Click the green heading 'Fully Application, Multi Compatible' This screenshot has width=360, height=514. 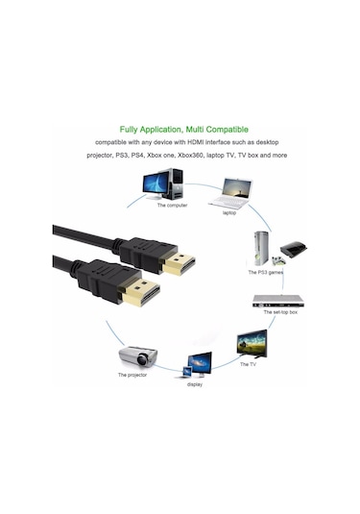[x=184, y=128]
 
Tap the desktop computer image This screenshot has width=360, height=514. [x=163, y=183]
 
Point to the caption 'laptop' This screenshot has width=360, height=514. [x=228, y=212]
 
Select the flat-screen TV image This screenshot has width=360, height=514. [x=252, y=343]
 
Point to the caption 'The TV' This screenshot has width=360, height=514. [x=248, y=364]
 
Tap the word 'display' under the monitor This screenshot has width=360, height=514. [x=195, y=382]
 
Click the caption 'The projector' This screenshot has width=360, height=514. [x=134, y=375]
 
